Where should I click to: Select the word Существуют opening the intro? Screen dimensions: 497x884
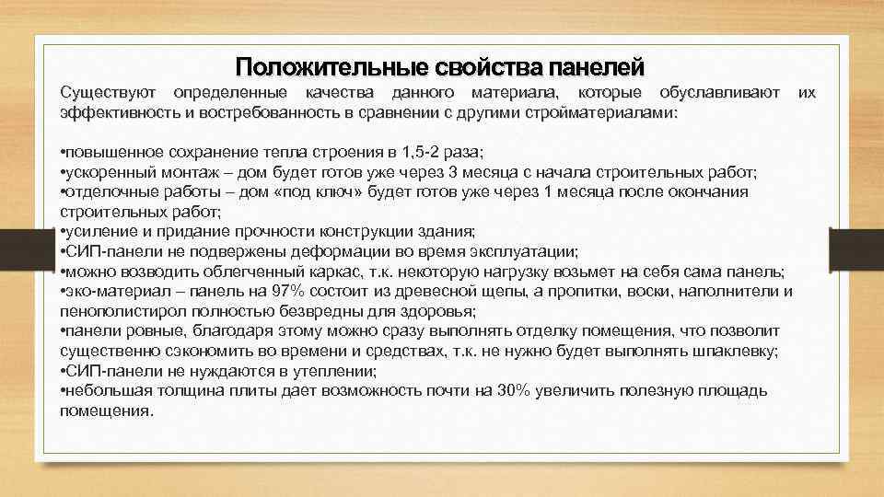pos(107,93)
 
